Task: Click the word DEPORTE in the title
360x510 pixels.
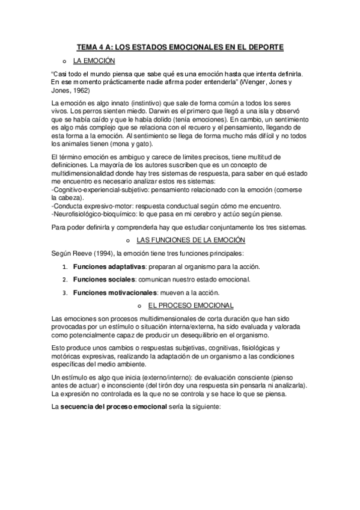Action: pos(264,46)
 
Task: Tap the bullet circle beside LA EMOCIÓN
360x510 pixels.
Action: pos(63,61)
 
